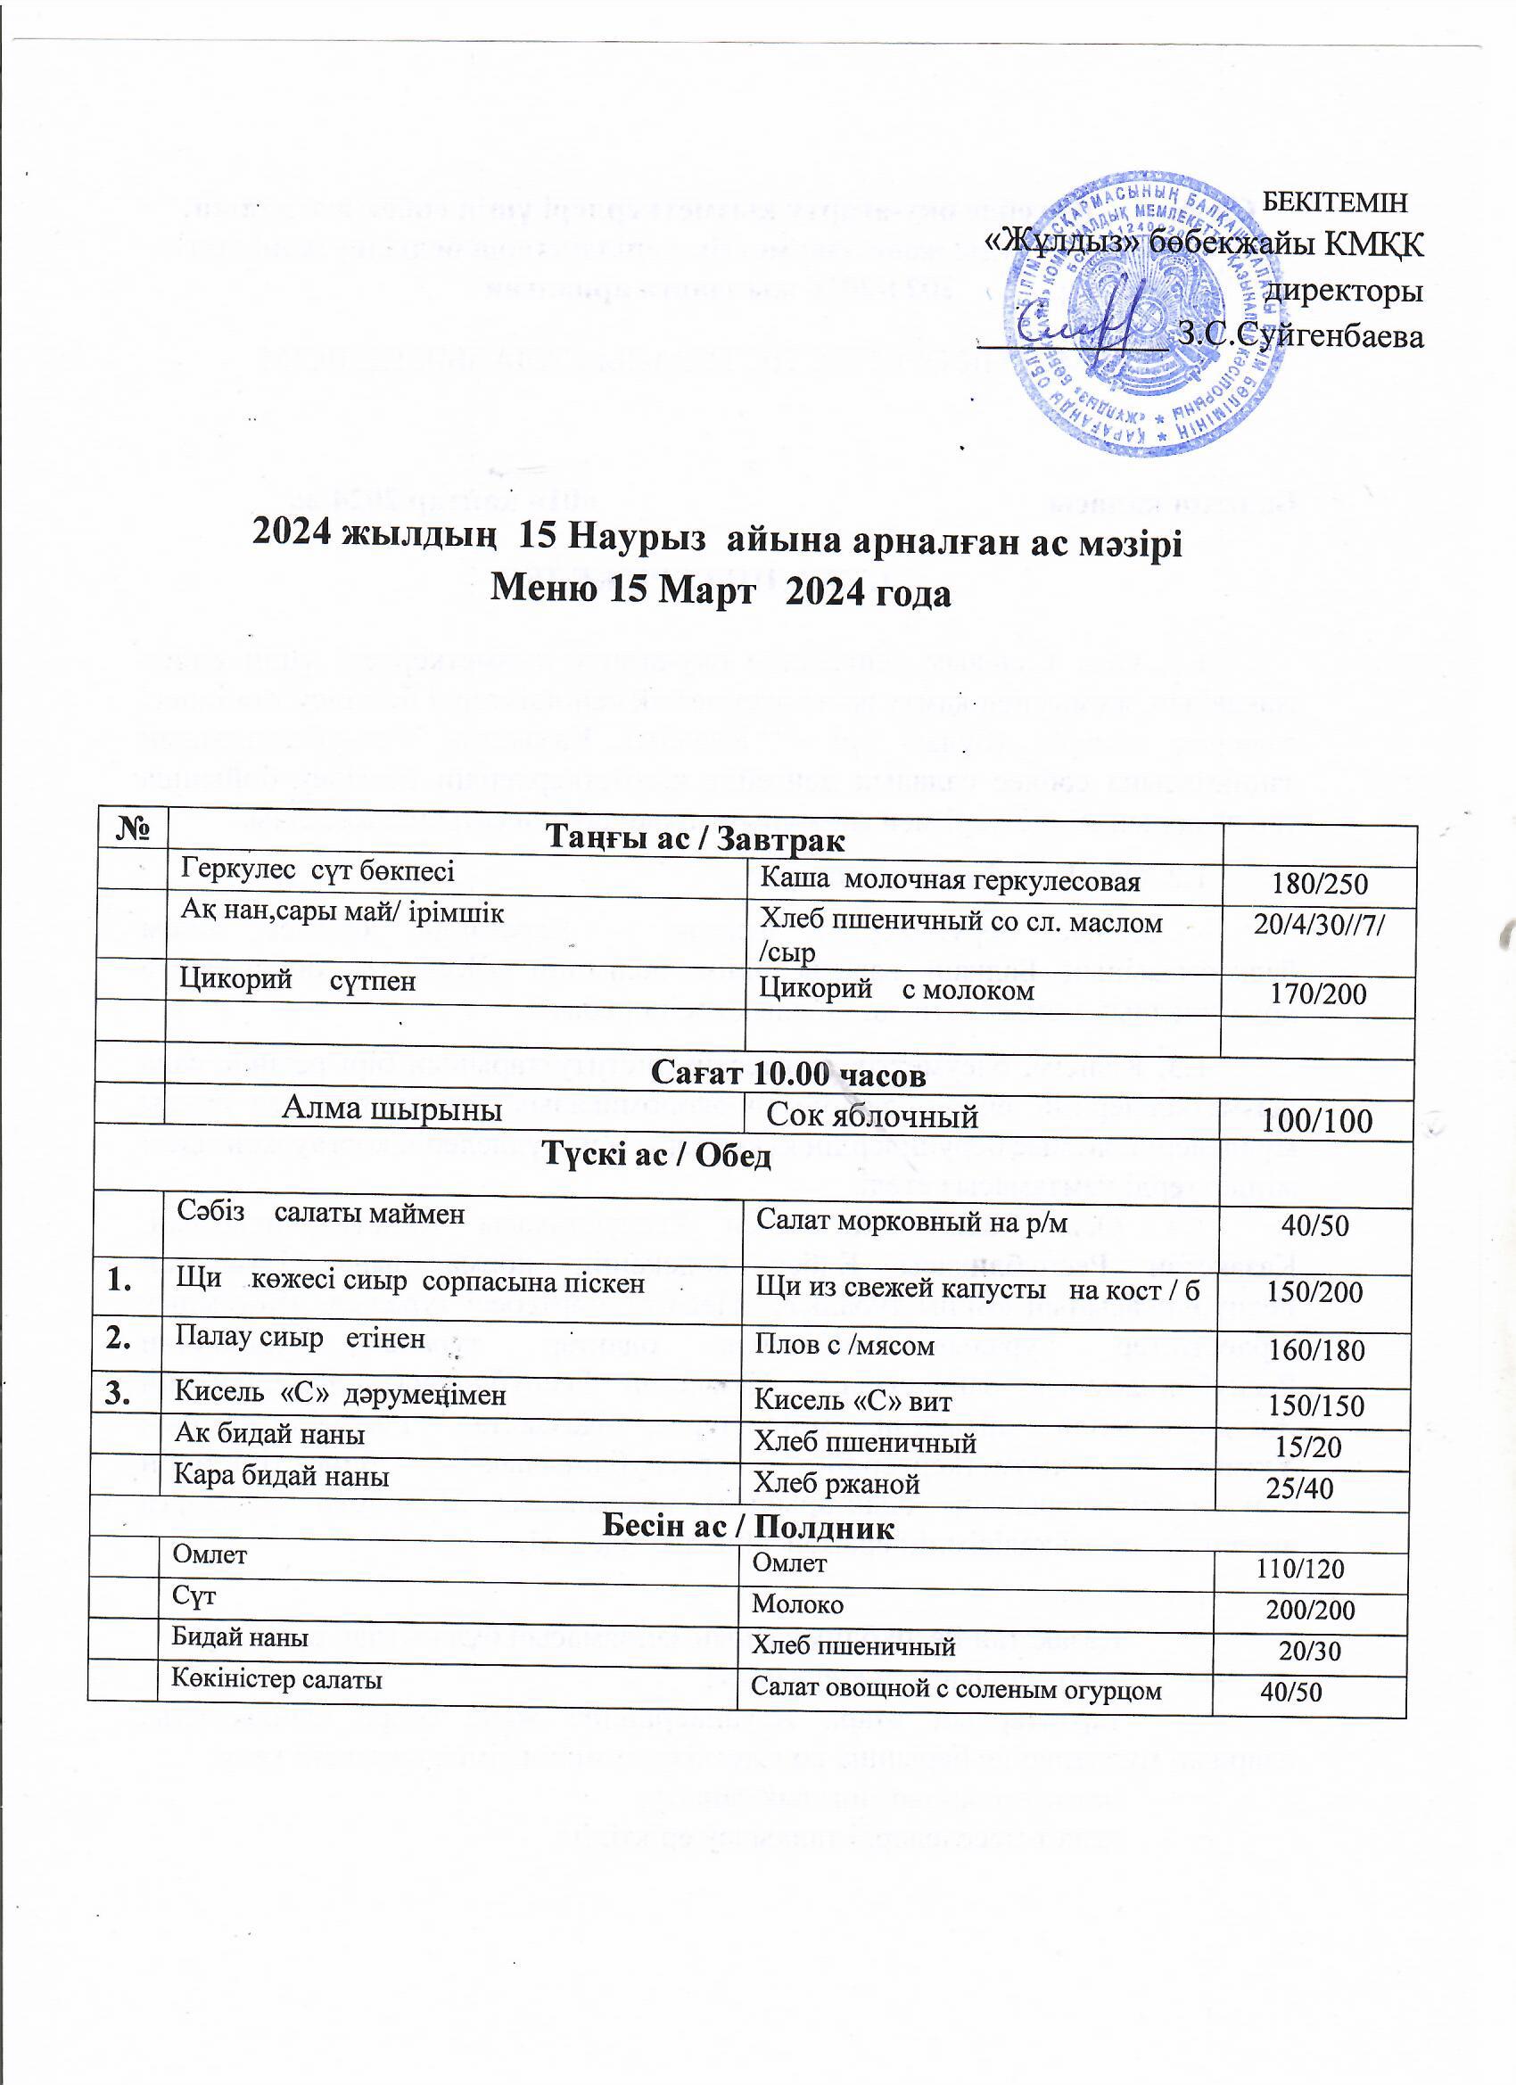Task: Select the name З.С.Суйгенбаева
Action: [1301, 336]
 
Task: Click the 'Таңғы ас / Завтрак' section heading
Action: [696, 838]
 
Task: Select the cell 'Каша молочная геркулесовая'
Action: [950, 881]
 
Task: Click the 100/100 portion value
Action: [1317, 1121]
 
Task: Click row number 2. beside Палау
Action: [117, 1339]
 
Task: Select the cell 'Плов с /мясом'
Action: [844, 1346]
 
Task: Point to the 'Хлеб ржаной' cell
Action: [836, 1484]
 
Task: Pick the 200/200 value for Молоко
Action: [1310, 1610]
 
